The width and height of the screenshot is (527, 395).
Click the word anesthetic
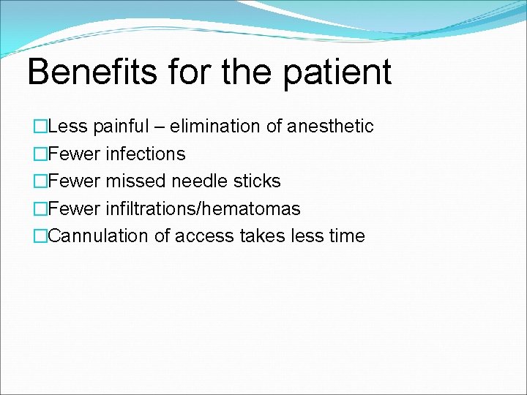click(x=330, y=127)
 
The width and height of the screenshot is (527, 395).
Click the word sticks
click(x=257, y=181)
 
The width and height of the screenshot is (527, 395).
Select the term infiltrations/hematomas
click(x=203, y=209)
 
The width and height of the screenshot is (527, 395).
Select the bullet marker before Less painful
click(x=40, y=127)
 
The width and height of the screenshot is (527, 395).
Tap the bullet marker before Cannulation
click(x=40, y=236)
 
